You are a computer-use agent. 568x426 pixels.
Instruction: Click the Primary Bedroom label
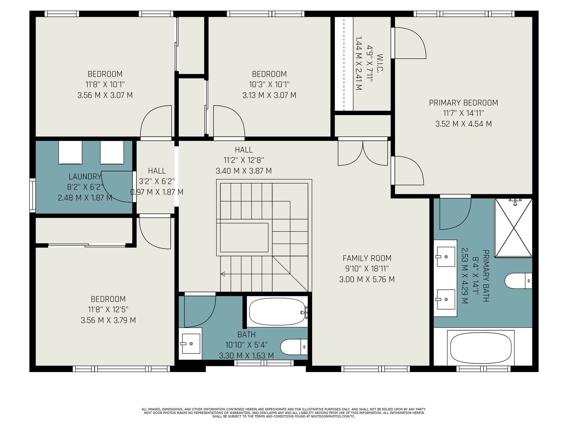(463, 103)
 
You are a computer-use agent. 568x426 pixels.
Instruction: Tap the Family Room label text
(367, 258)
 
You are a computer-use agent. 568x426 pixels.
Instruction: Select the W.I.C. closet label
(379, 62)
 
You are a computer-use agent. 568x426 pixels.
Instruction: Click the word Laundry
(85, 177)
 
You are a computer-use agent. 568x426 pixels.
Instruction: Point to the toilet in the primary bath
(518, 281)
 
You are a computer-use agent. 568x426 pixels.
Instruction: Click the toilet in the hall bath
(294, 347)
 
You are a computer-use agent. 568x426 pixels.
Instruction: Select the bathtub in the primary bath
(481, 348)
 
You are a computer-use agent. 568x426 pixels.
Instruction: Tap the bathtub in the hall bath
(277, 312)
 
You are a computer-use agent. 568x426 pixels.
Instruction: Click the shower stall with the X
(513, 228)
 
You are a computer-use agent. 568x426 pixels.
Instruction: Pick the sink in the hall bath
(191, 344)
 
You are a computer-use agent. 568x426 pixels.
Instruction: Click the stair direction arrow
(223, 274)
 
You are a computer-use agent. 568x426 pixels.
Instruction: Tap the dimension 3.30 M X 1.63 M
(246, 356)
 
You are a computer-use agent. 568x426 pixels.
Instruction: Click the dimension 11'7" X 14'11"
(463, 113)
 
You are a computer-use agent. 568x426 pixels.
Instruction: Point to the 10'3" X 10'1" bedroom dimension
(269, 84)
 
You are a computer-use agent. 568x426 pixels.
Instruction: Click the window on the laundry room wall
(33, 195)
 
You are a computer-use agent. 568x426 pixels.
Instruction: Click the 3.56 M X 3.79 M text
(108, 320)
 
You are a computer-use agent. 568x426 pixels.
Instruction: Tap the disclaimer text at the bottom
(284, 413)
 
